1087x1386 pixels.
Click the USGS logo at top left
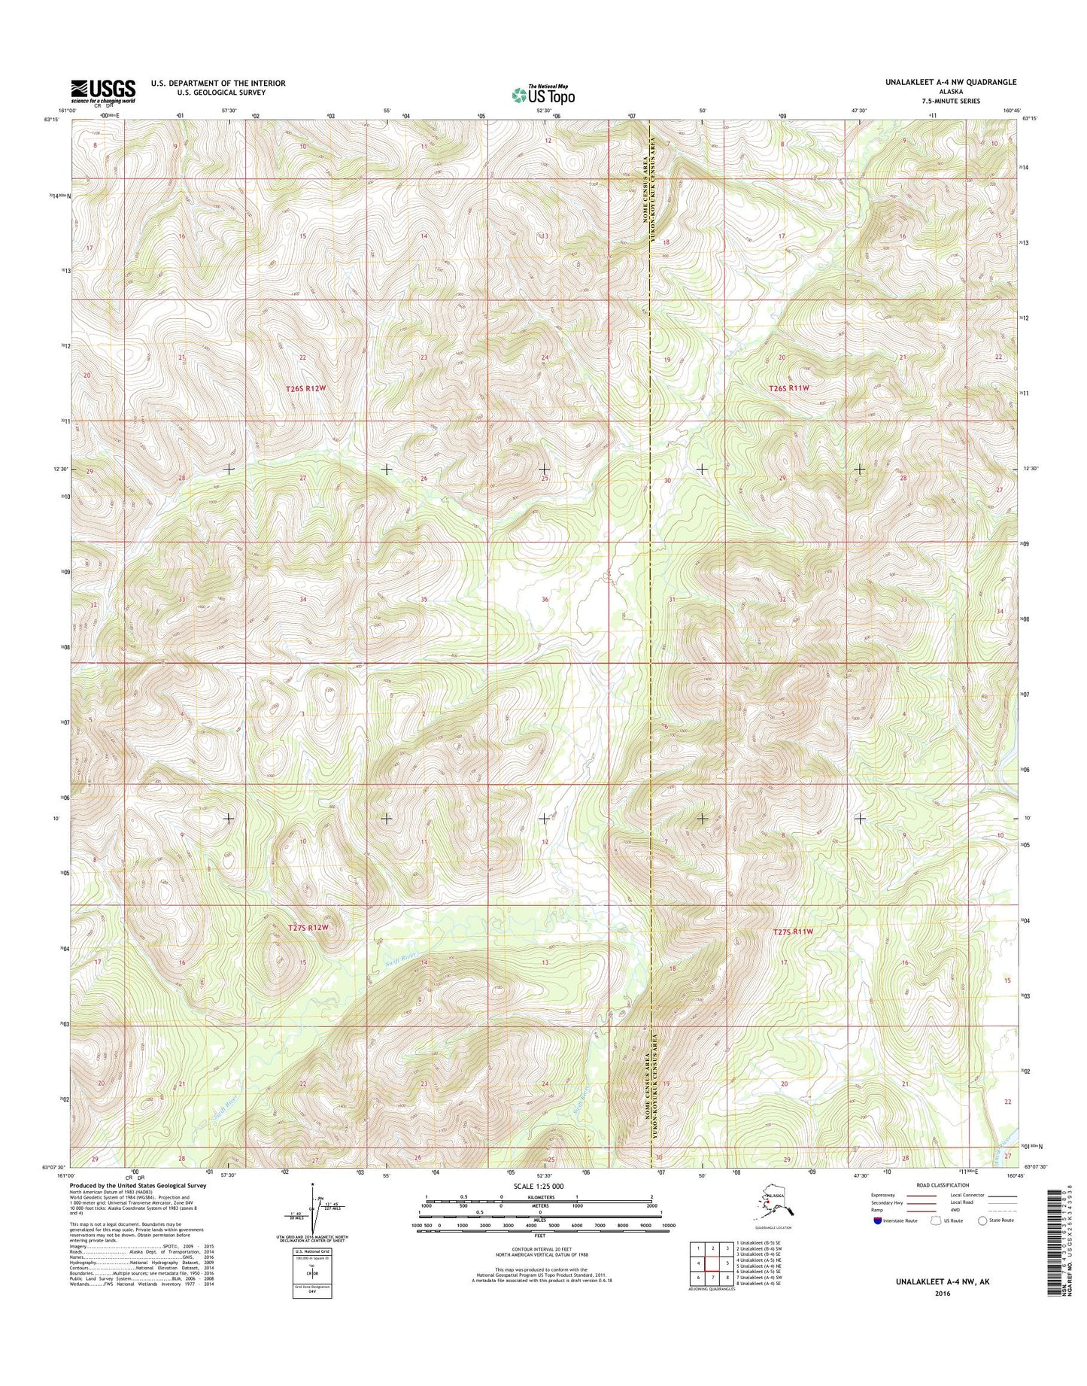tap(103, 90)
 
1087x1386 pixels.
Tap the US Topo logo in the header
tap(543, 94)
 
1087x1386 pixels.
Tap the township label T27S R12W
tap(308, 928)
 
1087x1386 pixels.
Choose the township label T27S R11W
tap(794, 932)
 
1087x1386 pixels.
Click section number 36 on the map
tap(545, 600)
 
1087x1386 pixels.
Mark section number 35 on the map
tap(424, 600)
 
